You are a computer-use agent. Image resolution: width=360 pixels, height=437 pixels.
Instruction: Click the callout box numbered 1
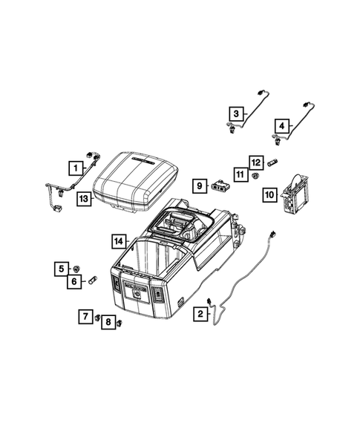click(76, 168)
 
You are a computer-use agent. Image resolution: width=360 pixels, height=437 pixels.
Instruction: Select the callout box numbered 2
click(200, 314)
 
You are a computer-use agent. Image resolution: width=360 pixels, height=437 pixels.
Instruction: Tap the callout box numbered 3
click(235, 114)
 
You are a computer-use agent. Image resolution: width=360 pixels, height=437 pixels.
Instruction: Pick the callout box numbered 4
click(282, 125)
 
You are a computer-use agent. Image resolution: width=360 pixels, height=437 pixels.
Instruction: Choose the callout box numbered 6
click(76, 281)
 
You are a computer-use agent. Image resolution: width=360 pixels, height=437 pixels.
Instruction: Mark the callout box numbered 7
click(86, 318)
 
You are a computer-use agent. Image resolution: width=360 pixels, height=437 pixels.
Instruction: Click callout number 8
click(108, 323)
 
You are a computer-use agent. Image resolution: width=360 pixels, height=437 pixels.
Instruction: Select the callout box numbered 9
click(199, 184)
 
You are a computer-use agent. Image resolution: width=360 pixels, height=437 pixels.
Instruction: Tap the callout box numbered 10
click(269, 195)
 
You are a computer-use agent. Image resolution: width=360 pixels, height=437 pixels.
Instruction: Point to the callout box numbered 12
click(255, 162)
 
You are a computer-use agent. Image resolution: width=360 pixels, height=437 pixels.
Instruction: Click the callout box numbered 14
click(118, 241)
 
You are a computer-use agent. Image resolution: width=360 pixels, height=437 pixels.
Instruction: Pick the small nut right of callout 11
click(255, 175)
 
